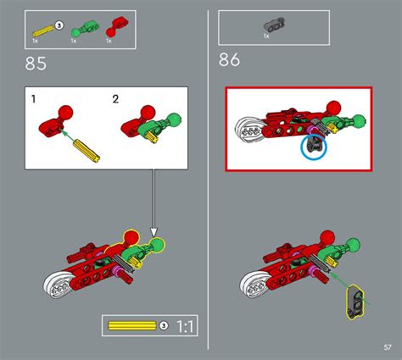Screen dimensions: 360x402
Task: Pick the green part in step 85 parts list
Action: [x=79, y=26]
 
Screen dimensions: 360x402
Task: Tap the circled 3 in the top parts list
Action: [x=59, y=25]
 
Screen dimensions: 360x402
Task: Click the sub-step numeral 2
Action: [x=116, y=100]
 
